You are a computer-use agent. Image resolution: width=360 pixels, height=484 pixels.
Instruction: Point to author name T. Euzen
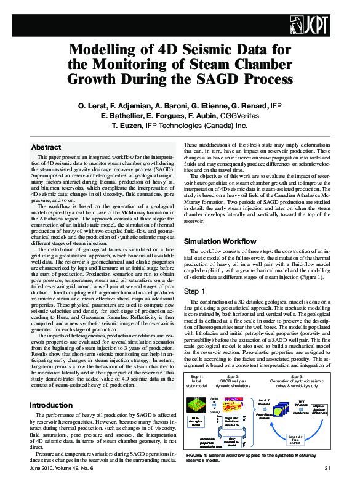click(x=128, y=125)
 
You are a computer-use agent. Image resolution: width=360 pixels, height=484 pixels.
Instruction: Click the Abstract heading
click(x=46, y=148)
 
